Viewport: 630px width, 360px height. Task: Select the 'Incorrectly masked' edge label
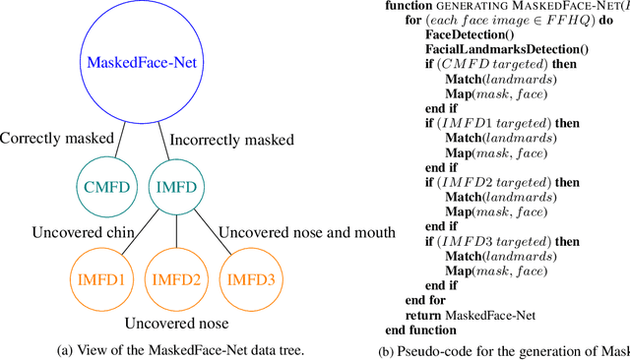pyautogui.click(x=232, y=139)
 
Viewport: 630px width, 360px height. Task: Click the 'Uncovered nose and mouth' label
pyautogui.click(x=306, y=233)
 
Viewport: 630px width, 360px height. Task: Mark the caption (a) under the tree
pyautogui.click(x=162, y=349)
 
